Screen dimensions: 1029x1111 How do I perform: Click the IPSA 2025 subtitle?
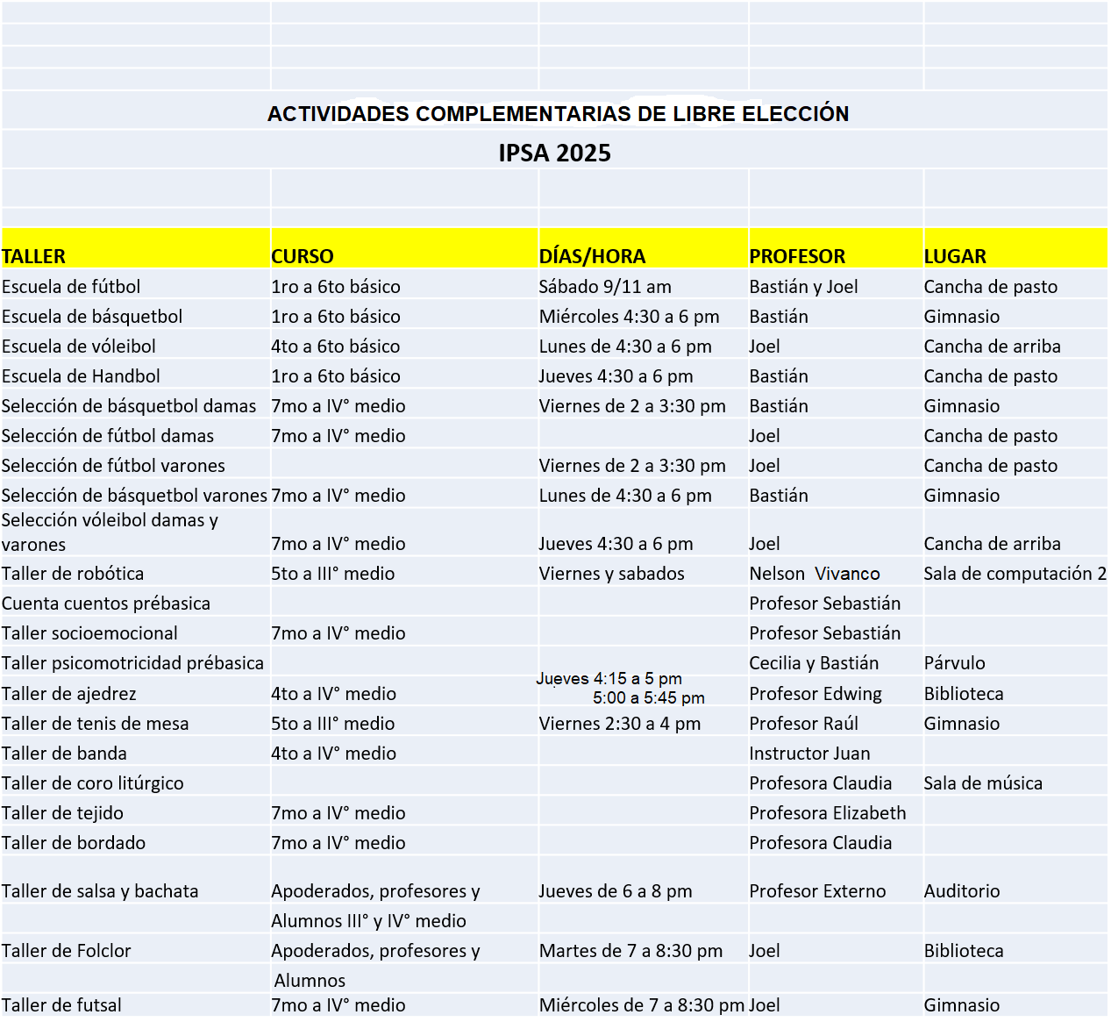pos(554,154)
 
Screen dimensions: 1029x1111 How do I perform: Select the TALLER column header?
pos(34,256)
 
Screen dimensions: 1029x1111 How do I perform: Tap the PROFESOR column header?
pos(797,256)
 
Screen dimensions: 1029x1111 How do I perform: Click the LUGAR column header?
pos(955,256)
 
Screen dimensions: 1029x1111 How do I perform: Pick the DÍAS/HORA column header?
pos(592,256)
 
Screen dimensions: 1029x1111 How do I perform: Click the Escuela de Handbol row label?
pos(81,376)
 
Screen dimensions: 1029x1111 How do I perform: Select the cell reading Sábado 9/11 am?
pos(605,287)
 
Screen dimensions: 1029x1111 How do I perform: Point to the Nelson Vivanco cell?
pos(815,574)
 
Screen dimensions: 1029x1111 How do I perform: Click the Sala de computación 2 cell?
pos(1015,574)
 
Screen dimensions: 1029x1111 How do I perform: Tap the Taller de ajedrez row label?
pos(69,694)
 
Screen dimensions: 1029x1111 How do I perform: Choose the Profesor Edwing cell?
pos(815,694)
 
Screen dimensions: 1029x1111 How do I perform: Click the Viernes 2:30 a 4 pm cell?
pos(620,724)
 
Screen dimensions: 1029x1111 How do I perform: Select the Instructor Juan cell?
pos(809,754)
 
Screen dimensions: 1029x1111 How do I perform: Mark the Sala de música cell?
pos(983,783)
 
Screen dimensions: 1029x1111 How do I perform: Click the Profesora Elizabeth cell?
pos(828,813)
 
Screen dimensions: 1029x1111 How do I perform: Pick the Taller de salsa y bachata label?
pos(100,891)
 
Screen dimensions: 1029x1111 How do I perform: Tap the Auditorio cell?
pos(962,891)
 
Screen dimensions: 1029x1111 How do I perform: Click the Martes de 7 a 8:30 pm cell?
pos(631,951)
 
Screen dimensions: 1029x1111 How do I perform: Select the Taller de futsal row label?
pos(61,1005)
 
